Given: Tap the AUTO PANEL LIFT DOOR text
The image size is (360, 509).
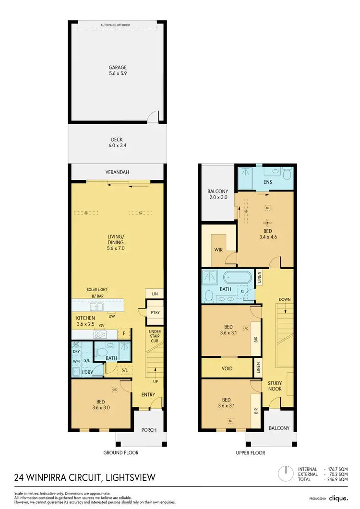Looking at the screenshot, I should [115, 24].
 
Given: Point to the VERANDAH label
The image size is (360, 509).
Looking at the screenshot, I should [117, 172].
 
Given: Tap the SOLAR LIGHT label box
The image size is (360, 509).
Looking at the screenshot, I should [97, 290].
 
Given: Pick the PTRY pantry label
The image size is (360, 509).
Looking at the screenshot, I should [155, 312].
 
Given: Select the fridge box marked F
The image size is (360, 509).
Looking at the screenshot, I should [124, 333].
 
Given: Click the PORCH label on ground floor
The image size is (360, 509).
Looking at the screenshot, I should [149, 430].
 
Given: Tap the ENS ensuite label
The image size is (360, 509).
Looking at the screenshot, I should [268, 182].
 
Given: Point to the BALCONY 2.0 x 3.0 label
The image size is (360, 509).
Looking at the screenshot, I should [217, 195].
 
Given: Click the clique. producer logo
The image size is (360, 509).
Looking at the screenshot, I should [339, 498].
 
